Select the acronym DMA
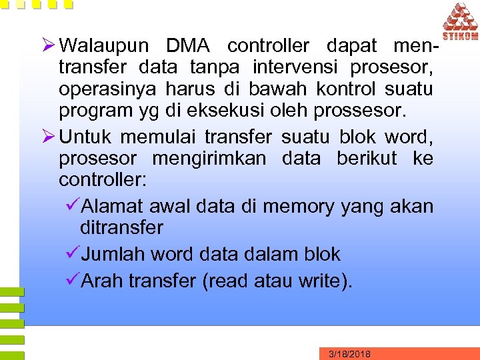pyautogui.click(x=188, y=46)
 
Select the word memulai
pyautogui.click(x=161, y=137)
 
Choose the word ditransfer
pyautogui.click(x=121, y=228)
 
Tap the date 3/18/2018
pyautogui.click(x=350, y=353)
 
